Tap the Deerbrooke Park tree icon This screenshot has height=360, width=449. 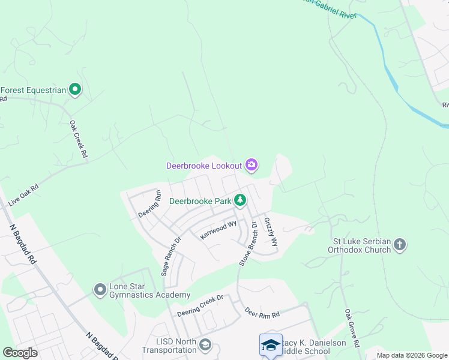click(240, 200)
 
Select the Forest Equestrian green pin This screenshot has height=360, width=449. click(75, 91)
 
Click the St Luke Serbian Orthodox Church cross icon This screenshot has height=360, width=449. click(400, 244)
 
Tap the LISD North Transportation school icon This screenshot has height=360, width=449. click(205, 344)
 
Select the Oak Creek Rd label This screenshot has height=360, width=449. click(79, 140)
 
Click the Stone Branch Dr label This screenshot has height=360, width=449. click(247, 244)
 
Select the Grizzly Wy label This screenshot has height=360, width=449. click(271, 232)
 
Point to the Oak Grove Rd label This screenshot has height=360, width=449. click(352, 329)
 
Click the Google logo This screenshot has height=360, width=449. click(20, 353)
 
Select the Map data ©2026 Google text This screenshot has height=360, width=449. click(411, 355)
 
